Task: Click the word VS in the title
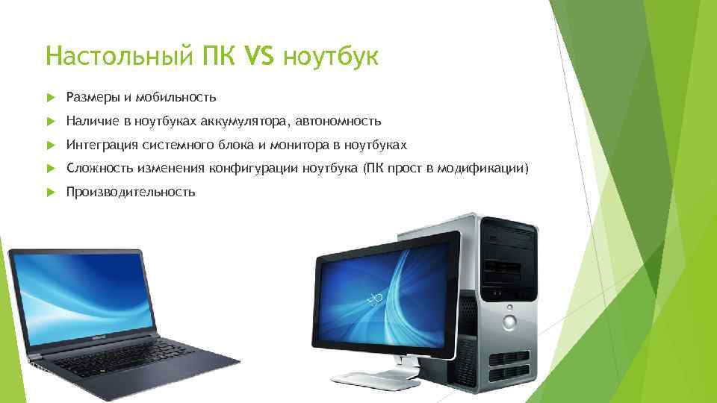[259, 56]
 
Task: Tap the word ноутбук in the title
[331, 57]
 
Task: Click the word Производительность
[131, 193]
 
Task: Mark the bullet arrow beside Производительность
[51, 193]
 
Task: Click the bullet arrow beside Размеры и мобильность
[51, 97]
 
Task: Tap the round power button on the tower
[509, 323]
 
